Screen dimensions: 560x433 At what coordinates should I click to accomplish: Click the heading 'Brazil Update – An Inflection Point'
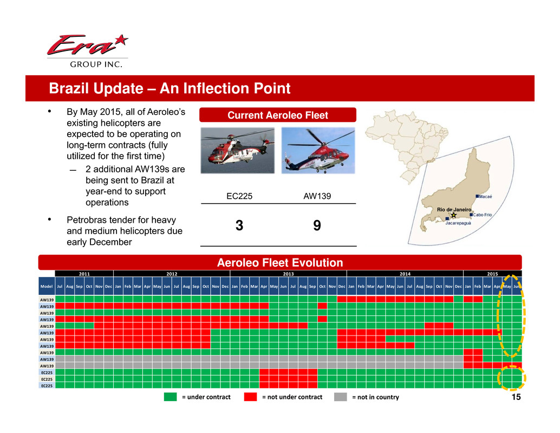[170, 88]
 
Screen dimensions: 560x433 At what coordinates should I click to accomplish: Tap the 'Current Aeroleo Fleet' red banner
[278, 115]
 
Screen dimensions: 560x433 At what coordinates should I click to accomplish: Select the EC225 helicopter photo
[238, 151]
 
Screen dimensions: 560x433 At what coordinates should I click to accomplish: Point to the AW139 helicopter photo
[318, 151]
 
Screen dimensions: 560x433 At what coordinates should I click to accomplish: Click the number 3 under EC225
[239, 225]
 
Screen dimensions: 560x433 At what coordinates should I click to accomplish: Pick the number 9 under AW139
[317, 225]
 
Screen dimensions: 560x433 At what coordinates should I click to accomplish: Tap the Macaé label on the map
[485, 197]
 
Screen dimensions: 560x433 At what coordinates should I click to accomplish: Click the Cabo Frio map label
[482, 215]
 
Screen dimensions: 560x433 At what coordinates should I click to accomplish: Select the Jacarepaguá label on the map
[458, 223]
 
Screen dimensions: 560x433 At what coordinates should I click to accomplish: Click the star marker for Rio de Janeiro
[453, 215]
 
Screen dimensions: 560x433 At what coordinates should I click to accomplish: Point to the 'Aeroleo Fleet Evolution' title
[280, 263]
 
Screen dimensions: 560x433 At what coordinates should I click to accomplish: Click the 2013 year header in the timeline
[288, 274]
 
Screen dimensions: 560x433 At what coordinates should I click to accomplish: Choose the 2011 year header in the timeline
[84, 274]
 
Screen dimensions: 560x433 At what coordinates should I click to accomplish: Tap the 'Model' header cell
[47, 286]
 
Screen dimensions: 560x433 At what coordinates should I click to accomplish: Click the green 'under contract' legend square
[171, 397]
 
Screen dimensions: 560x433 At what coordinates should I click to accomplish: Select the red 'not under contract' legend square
[250, 397]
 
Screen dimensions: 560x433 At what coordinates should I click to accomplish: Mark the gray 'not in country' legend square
[340, 397]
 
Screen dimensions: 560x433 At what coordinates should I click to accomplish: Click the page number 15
[516, 397]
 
